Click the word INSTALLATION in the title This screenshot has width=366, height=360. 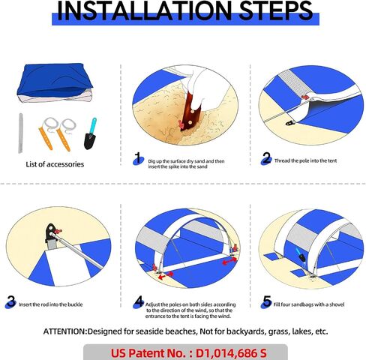(x=145, y=10)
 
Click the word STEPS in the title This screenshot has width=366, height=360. (x=276, y=10)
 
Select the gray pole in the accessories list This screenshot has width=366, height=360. (x=20, y=133)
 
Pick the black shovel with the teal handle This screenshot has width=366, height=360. (x=90, y=134)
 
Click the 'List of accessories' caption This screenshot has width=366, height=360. (x=55, y=164)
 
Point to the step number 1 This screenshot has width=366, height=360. (x=138, y=158)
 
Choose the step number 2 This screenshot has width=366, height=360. (x=266, y=158)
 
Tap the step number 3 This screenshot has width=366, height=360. (x=10, y=301)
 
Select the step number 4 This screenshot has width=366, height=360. (x=139, y=301)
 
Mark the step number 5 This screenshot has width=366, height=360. (x=267, y=301)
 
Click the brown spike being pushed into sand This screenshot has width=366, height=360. (x=191, y=111)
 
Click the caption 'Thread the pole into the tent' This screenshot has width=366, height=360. (x=305, y=160)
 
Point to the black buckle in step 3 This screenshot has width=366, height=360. (x=51, y=232)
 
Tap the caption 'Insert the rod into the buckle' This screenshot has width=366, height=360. (x=51, y=304)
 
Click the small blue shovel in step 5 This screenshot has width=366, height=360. (x=300, y=254)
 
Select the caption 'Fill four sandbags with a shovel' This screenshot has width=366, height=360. (x=309, y=304)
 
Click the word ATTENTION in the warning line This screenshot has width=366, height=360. (x=64, y=331)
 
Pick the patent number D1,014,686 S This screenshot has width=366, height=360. (x=231, y=353)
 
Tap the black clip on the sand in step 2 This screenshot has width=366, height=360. (x=290, y=123)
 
